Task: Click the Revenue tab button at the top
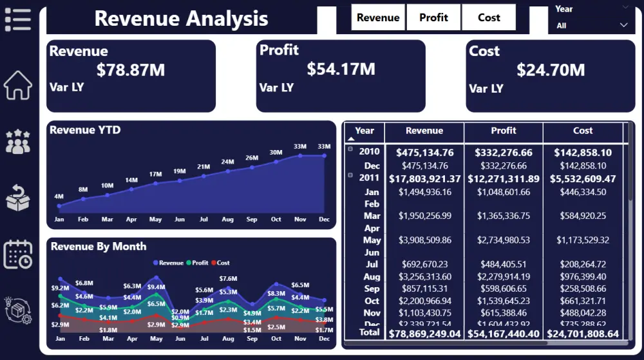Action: [378, 17]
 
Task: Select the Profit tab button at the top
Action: [433, 17]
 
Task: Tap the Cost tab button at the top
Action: [489, 17]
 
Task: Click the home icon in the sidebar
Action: [18, 85]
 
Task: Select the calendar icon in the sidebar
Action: [18, 254]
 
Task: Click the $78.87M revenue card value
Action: [131, 70]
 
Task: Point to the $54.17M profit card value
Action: [341, 69]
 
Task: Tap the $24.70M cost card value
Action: [551, 70]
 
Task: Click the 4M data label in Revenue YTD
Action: [59, 196]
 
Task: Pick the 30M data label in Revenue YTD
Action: [276, 153]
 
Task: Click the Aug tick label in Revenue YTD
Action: [227, 220]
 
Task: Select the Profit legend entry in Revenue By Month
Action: [197, 263]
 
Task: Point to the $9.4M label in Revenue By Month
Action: [156, 287]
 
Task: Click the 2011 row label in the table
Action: [369, 178]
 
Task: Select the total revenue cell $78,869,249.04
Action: [424, 334]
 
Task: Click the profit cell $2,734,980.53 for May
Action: [504, 240]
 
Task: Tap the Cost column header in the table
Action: [583, 131]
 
